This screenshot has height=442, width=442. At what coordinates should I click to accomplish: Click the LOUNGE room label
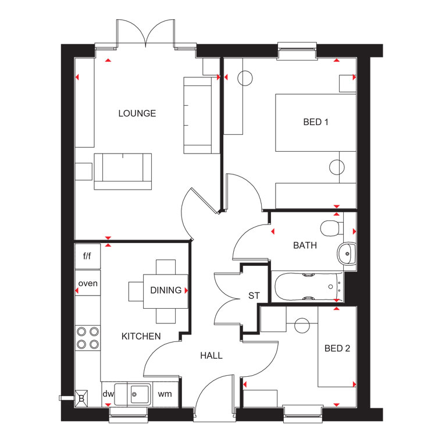point(137,113)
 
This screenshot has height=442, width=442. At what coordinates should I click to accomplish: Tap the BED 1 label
point(316,122)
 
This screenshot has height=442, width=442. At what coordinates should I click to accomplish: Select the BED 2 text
point(337,348)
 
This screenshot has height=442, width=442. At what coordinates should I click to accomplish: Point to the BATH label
point(305,245)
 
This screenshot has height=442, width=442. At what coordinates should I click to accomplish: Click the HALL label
point(212,355)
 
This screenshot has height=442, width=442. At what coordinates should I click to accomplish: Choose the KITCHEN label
point(141,336)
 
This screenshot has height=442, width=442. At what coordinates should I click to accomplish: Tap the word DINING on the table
point(166,290)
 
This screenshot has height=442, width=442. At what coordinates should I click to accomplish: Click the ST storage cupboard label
point(254,295)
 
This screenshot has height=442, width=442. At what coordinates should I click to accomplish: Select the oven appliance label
point(88,283)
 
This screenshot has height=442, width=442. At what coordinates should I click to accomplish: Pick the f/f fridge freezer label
point(87,256)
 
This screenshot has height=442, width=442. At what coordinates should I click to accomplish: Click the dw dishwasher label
point(108,394)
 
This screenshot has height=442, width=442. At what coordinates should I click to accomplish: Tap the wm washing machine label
point(165,394)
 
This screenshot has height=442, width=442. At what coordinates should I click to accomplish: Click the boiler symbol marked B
point(81,398)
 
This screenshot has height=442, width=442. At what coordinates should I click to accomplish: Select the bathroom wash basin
point(347,254)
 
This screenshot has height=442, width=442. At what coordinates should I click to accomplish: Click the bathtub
point(309,287)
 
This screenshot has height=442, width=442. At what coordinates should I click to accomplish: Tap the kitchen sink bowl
point(140,394)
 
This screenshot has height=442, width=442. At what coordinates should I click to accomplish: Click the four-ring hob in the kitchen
point(88,338)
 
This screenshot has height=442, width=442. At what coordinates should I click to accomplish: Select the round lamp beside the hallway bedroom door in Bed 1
point(337,167)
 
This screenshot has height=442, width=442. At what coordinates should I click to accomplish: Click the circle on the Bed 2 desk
point(302,325)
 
